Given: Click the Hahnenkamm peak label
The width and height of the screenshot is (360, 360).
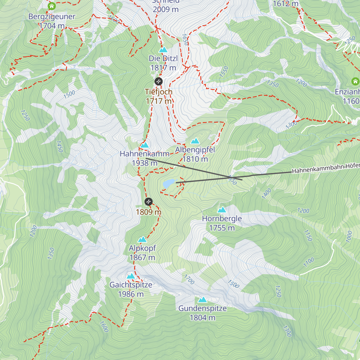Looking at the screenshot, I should pyautogui.click(x=145, y=154).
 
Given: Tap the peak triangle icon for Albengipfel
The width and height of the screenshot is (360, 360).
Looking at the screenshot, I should pyautogui.click(x=195, y=141).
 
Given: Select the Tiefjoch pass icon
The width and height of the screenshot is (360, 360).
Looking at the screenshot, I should pyautogui.click(x=158, y=81).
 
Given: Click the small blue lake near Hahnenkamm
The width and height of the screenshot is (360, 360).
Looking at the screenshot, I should pyautogui.click(x=169, y=183).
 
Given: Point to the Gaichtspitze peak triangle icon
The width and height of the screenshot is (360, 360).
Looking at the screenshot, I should pyautogui.click(x=131, y=276).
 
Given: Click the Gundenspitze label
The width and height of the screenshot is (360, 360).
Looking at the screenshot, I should pyautogui.click(x=202, y=308).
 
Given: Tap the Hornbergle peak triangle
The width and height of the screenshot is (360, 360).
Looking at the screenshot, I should pyautogui.click(x=222, y=210).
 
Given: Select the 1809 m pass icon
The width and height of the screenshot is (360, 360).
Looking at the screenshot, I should pyautogui.click(x=148, y=202).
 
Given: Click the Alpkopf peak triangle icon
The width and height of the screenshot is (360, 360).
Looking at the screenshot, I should pyautogui.click(x=142, y=239).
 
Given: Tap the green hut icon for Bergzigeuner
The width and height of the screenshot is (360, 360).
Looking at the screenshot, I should pyautogui.click(x=52, y=6).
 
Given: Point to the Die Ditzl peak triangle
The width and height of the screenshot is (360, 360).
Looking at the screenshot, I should pyautogui.click(x=163, y=50).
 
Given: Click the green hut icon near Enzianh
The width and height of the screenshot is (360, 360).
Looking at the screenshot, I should pyautogui.click(x=355, y=81).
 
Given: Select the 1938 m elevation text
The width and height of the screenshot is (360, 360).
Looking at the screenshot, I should pyautogui.click(x=145, y=163).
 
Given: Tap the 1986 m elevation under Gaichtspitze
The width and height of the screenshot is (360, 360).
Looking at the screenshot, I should pyautogui.click(x=131, y=294).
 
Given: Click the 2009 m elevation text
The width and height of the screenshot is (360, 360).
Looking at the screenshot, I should pyautogui.click(x=166, y=10).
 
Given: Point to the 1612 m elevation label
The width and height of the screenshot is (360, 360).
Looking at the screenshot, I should pyautogui.click(x=286, y=4).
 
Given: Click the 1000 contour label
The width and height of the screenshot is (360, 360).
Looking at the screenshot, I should pyautogui.click(x=349, y=237).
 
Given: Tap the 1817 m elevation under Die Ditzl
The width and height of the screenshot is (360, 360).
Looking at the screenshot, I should pyautogui.click(x=163, y=68).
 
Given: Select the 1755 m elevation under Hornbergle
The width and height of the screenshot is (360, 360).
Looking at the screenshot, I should pyautogui.click(x=222, y=228).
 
